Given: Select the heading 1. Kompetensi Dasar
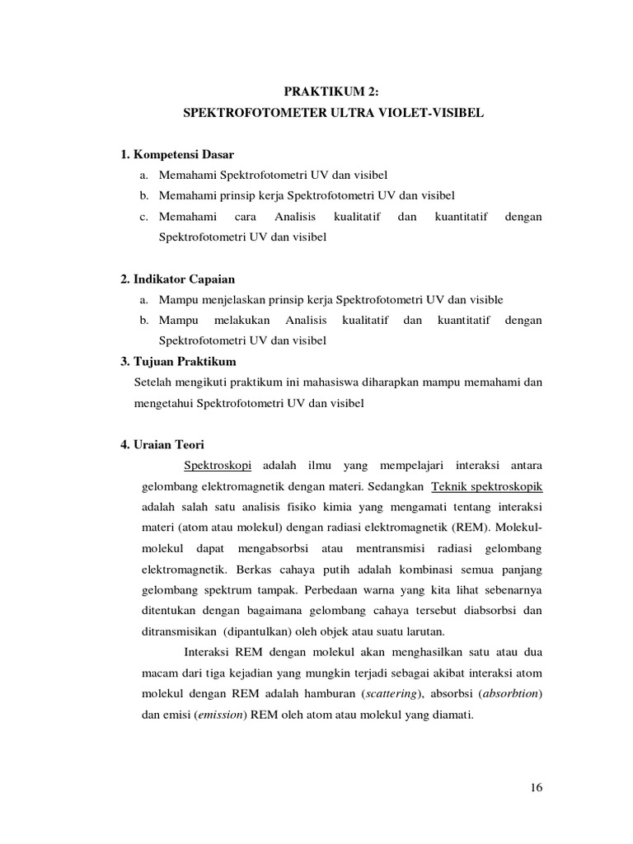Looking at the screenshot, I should [x=177, y=154].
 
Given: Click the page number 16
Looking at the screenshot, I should [x=537, y=788].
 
